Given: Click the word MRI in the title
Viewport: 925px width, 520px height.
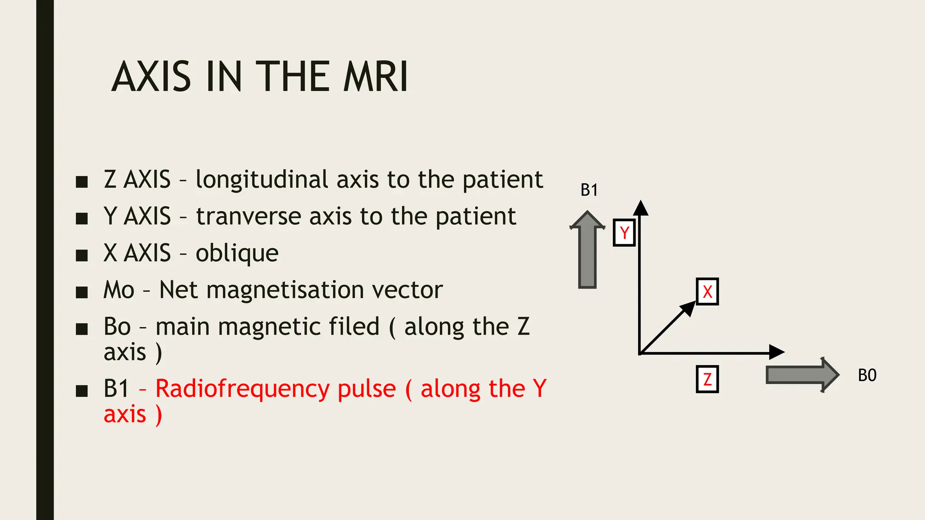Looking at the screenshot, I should click(x=376, y=77).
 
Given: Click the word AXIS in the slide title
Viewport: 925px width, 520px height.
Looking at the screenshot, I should click(x=151, y=77).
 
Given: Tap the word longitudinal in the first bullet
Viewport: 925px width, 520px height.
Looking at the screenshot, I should click(x=262, y=180).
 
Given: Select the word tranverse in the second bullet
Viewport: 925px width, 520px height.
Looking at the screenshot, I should click(x=248, y=217).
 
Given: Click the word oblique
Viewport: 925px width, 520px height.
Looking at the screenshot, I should click(x=237, y=253).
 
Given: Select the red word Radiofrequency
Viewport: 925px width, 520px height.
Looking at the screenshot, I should click(x=276, y=389).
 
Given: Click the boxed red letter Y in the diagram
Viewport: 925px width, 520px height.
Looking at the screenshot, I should click(x=624, y=233).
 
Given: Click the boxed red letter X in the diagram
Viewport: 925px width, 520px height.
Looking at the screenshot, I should click(x=707, y=292).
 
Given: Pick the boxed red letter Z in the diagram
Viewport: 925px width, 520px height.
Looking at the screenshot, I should click(x=707, y=379).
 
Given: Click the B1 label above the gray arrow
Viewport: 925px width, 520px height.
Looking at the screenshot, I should click(x=589, y=190).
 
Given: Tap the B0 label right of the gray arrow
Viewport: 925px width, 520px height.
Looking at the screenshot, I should click(x=867, y=375).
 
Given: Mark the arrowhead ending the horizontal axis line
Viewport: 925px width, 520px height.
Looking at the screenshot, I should click(x=777, y=352).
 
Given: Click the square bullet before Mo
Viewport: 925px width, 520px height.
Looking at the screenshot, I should click(x=82, y=292).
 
